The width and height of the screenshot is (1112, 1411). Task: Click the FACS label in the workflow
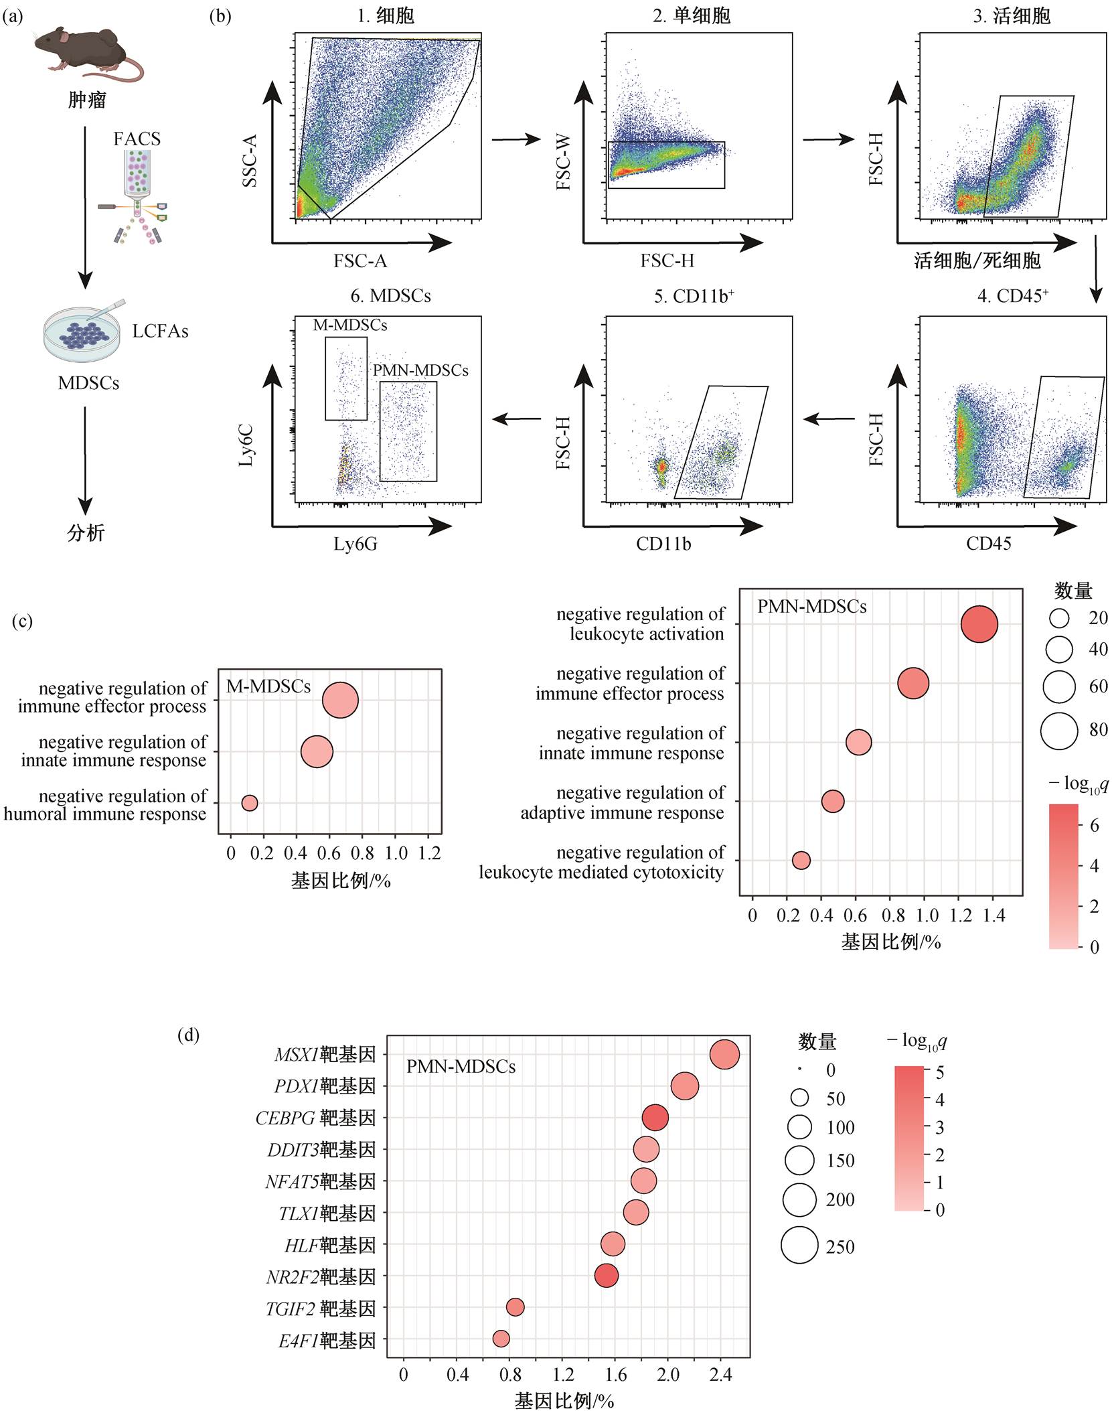point(137,139)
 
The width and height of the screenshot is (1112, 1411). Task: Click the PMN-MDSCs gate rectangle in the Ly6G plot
point(380,431)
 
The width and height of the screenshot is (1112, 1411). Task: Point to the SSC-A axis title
point(250,160)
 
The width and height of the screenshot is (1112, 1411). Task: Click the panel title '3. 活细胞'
point(1012,16)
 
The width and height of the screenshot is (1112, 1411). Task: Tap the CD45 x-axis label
point(988,543)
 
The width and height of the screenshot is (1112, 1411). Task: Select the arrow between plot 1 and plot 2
point(515,139)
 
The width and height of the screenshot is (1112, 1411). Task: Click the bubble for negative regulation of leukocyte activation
point(979,624)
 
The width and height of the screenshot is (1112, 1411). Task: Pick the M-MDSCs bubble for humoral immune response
point(249,803)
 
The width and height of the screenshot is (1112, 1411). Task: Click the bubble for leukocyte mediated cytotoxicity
point(801,861)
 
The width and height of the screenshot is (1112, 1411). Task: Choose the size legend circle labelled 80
point(1059,730)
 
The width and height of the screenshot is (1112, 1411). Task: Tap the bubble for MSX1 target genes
point(724,1055)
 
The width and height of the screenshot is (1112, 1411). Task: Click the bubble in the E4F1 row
point(501,1339)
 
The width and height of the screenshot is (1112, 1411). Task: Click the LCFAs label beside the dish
point(160,331)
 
